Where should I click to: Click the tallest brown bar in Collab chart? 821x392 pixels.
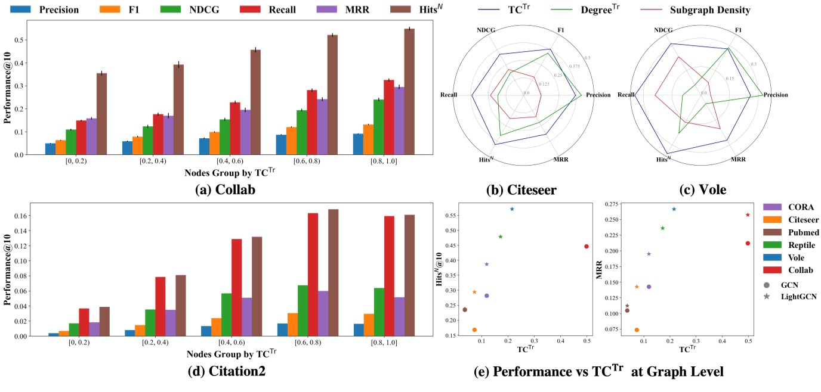point(409,91)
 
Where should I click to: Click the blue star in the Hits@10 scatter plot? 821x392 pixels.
point(511,209)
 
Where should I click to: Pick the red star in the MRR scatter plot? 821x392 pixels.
point(748,214)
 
